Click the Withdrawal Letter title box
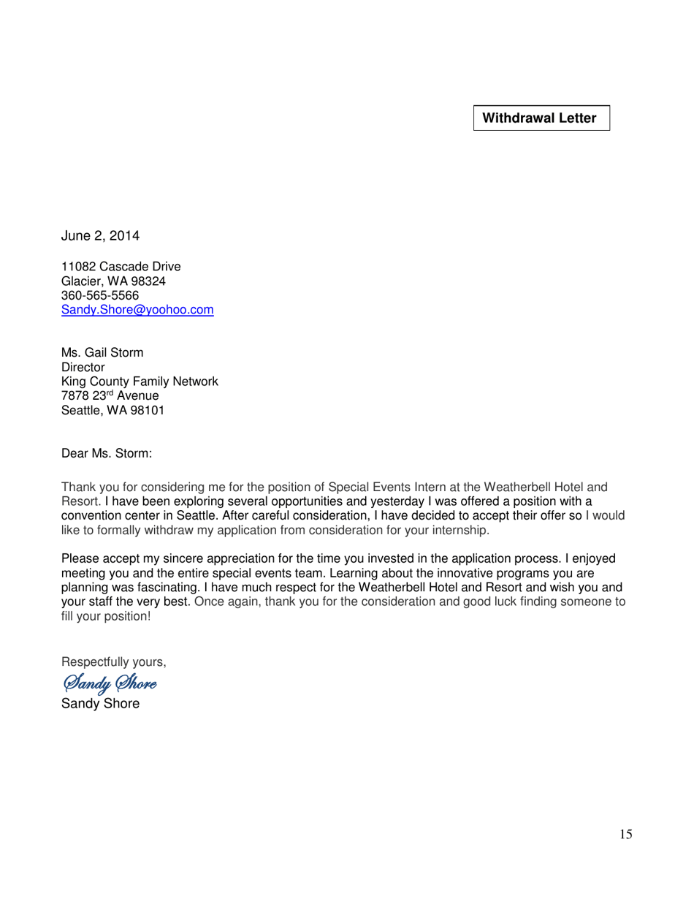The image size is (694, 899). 541,118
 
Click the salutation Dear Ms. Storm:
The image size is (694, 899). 107,452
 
